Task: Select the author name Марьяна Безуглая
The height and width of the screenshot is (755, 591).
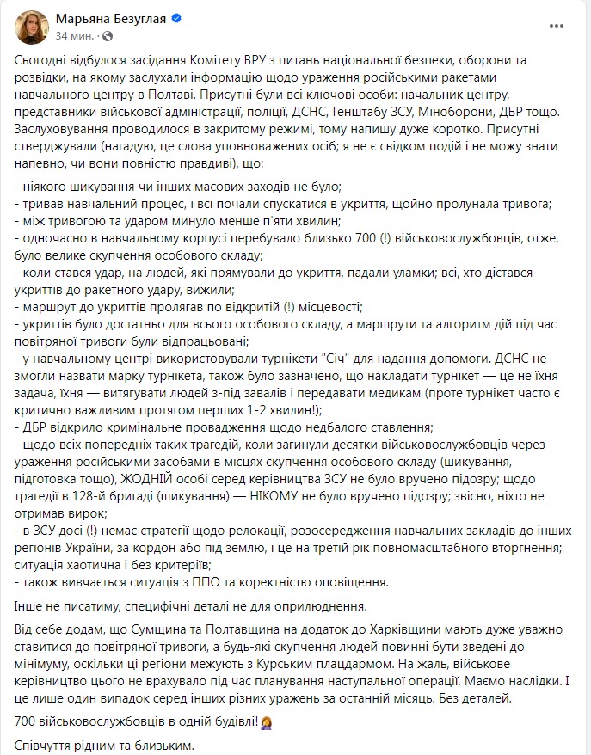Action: [108, 19]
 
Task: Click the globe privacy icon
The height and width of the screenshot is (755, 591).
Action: [106, 36]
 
